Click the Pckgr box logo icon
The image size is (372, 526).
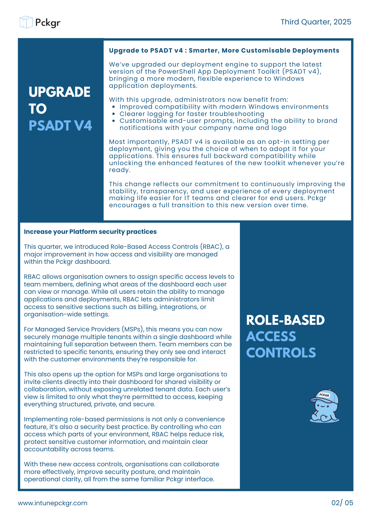click(x=26, y=22)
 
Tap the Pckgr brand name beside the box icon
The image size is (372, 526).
click(x=48, y=23)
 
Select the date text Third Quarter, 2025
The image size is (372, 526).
click(x=316, y=22)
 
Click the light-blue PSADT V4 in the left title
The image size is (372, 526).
click(x=60, y=125)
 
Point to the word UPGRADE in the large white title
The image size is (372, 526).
click(x=59, y=92)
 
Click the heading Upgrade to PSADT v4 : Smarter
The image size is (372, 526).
click(x=224, y=50)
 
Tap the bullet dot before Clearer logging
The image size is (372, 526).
click(x=114, y=114)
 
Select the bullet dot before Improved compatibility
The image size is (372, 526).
click(x=114, y=107)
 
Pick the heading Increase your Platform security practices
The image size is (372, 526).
click(x=90, y=232)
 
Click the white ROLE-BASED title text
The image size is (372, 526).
click(x=285, y=320)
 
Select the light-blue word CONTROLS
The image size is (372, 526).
click(x=281, y=353)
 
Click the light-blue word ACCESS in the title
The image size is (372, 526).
click(x=271, y=337)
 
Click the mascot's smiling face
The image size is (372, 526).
click(x=323, y=406)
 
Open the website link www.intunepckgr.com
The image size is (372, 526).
click(x=53, y=503)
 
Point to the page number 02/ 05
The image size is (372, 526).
click(x=342, y=503)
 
